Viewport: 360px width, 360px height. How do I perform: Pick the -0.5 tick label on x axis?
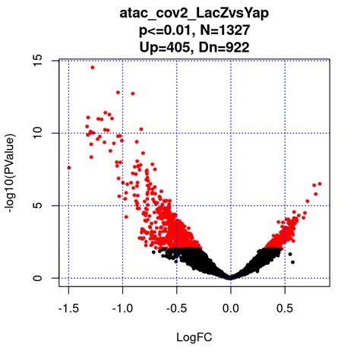point(176,310)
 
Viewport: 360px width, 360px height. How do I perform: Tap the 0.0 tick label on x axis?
point(231,310)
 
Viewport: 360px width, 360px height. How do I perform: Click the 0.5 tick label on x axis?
point(285,310)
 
